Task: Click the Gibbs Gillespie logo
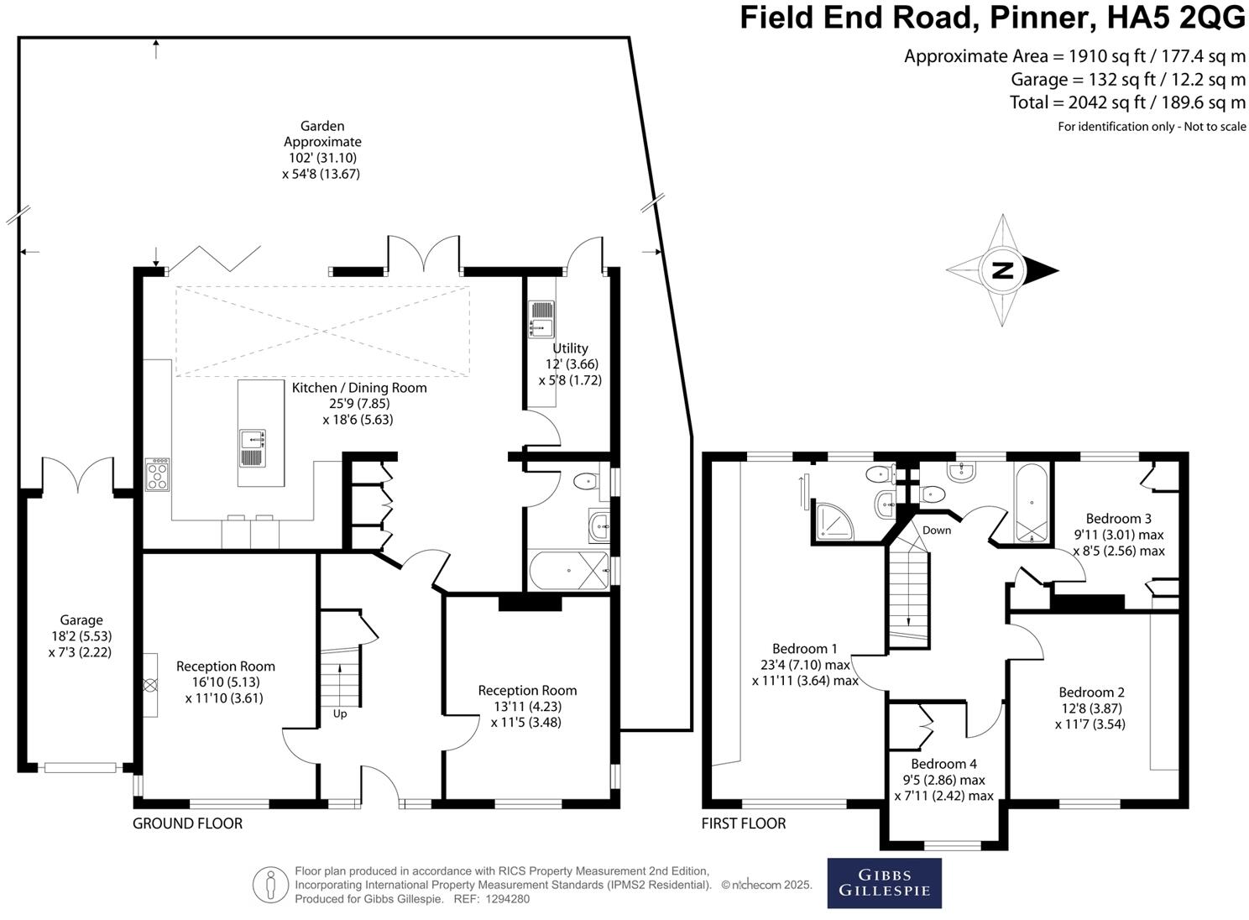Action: coord(884,883)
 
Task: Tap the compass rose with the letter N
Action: coord(1002,270)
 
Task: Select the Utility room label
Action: coord(570,348)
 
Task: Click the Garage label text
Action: coord(81,620)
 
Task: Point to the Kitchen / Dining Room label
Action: coord(359,388)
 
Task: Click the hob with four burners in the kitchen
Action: coord(157,474)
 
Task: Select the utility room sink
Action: coord(541,318)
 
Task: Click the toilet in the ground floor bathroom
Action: coord(584,482)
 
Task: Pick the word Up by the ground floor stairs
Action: coord(340,714)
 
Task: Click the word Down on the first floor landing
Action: coord(937,530)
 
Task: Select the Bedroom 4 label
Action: coord(943,764)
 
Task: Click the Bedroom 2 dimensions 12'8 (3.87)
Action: coord(1091,708)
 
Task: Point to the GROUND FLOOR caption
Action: coord(187,823)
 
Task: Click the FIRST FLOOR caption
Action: coord(744,823)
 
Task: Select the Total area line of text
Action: coord(1127,102)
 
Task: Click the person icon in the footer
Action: coord(270,884)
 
